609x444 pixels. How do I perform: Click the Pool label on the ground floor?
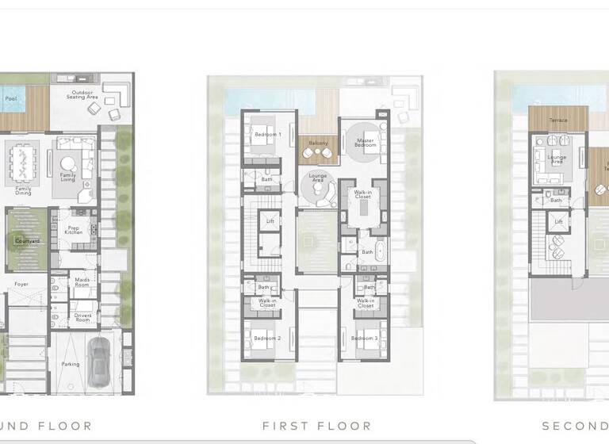coord(10,99)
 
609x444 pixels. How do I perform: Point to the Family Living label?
coord(69,178)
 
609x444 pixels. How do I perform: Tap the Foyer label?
coord(21,283)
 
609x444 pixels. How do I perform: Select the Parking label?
coord(70,364)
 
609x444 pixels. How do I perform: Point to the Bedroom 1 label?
coord(268,135)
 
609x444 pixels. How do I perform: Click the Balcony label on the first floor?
coord(318,143)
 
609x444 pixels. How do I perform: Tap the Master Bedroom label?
coord(366,144)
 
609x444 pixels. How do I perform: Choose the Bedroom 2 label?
coord(267,339)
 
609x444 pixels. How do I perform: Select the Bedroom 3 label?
coord(364,339)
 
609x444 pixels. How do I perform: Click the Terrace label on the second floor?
coord(558,121)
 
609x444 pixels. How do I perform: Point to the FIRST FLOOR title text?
coord(316,426)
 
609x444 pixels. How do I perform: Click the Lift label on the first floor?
coord(270,221)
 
